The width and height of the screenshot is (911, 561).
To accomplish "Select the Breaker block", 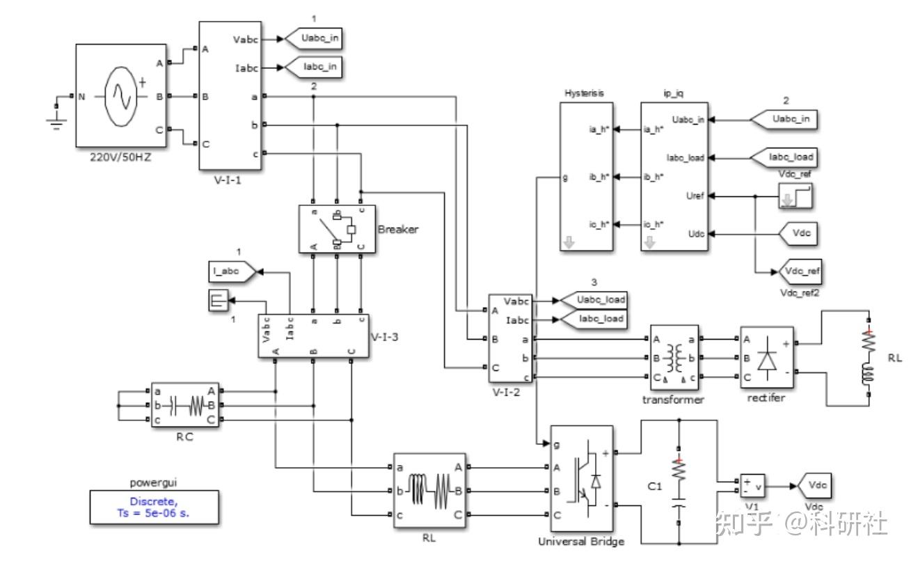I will [x=337, y=228].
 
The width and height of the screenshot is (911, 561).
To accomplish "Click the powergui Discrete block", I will [x=153, y=506].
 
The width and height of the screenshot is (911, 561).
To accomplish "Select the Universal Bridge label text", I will [x=581, y=542].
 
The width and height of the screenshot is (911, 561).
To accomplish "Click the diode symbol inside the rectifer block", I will [x=768, y=358].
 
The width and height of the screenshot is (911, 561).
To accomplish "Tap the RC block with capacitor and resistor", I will [x=185, y=404].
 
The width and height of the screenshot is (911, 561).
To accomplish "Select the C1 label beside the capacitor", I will [x=653, y=487].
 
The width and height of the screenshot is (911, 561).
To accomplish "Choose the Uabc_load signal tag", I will [x=593, y=299].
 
